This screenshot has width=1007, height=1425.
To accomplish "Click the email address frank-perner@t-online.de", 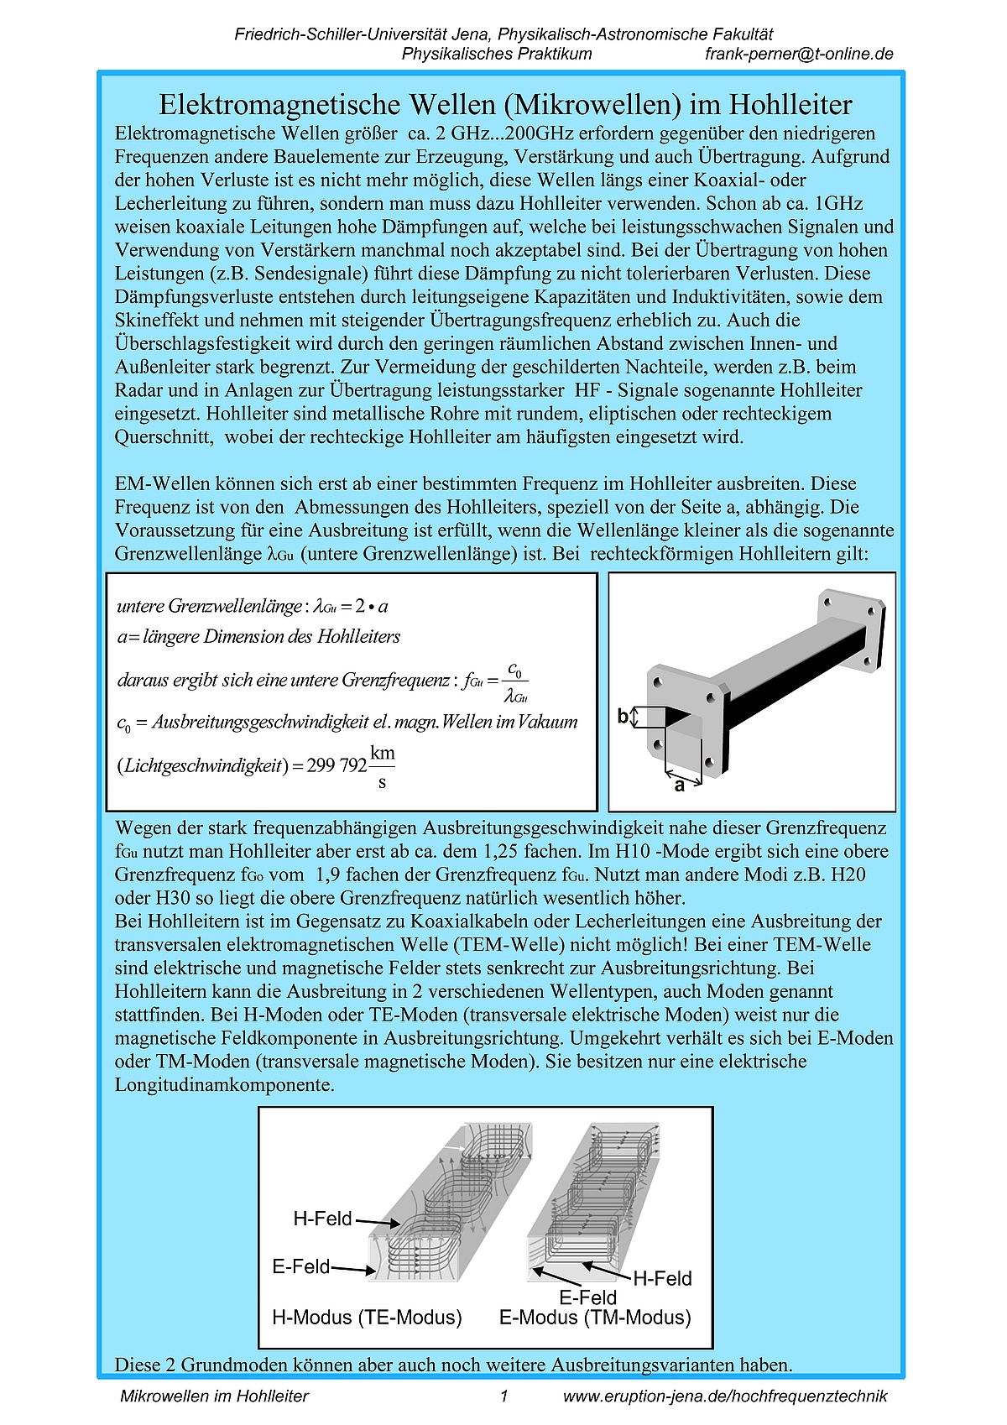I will click(799, 55).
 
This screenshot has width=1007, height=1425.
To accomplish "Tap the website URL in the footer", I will click(725, 1396).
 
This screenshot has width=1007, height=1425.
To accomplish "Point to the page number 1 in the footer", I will click(503, 1396).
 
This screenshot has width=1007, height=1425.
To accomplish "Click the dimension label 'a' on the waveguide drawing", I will click(679, 786).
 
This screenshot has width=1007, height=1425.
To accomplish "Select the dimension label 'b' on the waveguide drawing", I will click(623, 716).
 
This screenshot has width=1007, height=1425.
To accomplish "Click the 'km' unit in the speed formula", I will click(382, 753).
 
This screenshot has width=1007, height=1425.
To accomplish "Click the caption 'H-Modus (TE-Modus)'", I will click(367, 1317).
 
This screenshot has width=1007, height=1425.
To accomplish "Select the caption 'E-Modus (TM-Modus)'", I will click(595, 1317).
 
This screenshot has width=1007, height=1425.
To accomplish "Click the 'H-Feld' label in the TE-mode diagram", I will click(322, 1219).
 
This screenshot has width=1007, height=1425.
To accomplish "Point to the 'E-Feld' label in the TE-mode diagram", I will click(300, 1266).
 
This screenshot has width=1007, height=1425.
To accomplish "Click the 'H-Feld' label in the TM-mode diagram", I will click(662, 1278).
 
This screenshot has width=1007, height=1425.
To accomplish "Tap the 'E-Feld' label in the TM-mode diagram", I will click(587, 1297).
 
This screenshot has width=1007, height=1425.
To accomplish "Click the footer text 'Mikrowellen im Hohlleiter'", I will click(214, 1396).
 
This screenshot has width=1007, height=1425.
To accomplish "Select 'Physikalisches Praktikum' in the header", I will click(496, 55).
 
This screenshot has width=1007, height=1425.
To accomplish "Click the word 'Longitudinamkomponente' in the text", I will click(224, 1085).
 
